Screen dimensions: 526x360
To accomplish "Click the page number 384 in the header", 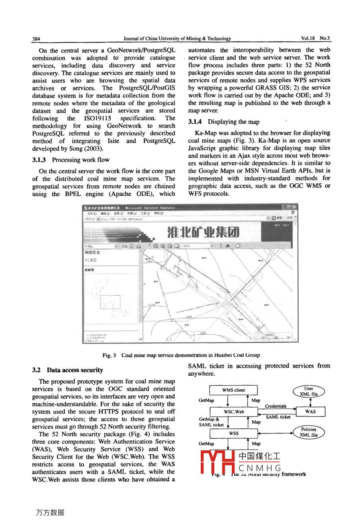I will tap(36, 39).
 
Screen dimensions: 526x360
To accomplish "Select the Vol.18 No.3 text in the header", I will tap(315, 38).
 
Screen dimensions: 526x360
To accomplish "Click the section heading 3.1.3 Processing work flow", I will tap(71, 160).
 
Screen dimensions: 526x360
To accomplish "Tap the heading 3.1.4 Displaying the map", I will tap(224, 122).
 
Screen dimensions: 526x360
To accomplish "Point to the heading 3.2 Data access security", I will tap(67, 370).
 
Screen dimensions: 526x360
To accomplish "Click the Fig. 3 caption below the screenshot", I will tap(181, 355).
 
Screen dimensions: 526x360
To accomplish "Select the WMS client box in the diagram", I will tap(234, 390).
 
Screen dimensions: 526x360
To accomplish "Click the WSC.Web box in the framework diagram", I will tap(234, 412).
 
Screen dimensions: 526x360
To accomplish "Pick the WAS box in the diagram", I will tap(310, 412).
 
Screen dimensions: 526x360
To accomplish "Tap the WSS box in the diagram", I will tap(234, 433).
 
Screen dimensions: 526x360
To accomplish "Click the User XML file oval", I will tap(309, 391).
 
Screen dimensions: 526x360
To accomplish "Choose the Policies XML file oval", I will tap(309, 432).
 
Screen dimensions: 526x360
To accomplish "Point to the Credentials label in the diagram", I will tap(276, 406).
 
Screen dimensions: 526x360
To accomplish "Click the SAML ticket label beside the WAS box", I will tap(278, 417).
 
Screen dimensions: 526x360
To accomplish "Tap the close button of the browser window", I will tap(294, 207).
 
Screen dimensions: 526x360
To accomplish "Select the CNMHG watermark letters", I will tap(260, 468).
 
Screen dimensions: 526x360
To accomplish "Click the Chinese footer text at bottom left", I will tap(50, 512).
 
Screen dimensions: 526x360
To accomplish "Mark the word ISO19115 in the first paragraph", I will tap(98, 118).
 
